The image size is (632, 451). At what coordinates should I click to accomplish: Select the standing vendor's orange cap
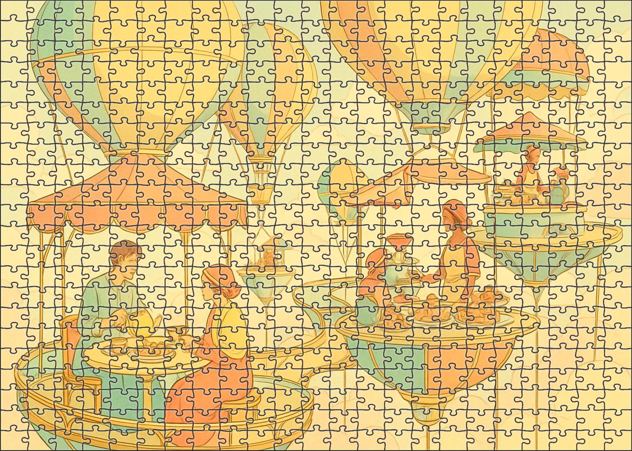click(x=458, y=207)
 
